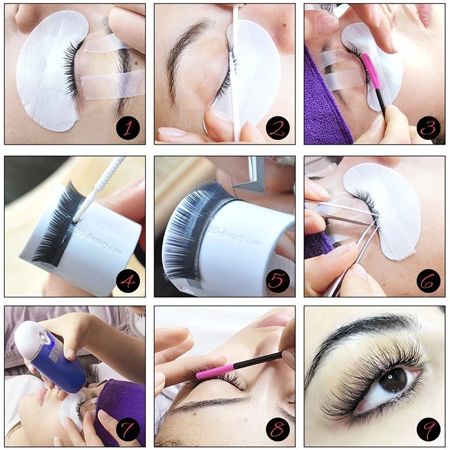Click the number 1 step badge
[127, 128]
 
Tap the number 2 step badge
[277, 128]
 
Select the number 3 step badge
[427, 128]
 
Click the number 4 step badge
[127, 279]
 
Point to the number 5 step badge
[277, 279]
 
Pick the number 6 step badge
[427, 279]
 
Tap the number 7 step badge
[127, 429]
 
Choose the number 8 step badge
[277, 429]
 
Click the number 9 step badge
[427, 429]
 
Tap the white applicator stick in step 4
[99, 189]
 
